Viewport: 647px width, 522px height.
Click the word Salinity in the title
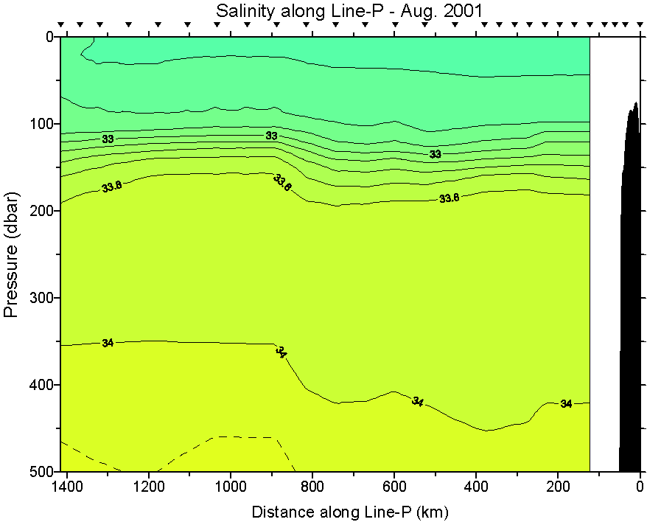[x=239, y=11]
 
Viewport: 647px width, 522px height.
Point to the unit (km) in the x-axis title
[x=433, y=512]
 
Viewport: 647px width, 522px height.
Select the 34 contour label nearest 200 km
[x=566, y=404]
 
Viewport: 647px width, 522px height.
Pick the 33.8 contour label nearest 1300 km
[x=112, y=187]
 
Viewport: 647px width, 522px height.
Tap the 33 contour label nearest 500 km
[x=436, y=154]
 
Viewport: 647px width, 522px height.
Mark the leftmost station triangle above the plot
[x=62, y=24]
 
